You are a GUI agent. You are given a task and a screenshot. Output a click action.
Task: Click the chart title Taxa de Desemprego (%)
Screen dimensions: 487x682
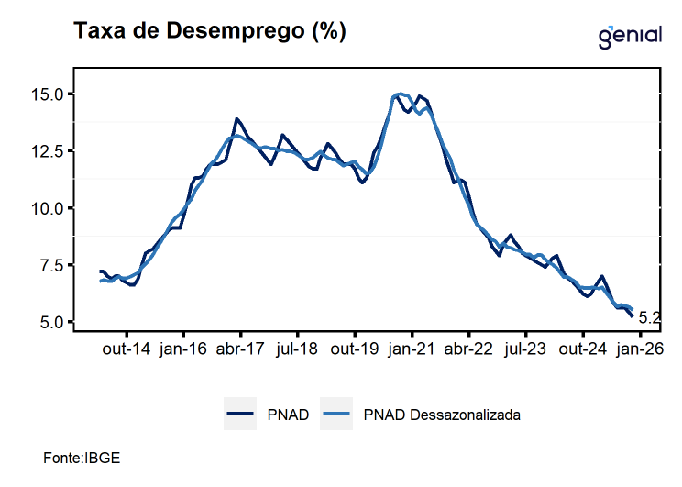point(210,31)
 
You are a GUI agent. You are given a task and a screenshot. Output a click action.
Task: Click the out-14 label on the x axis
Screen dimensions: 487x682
point(126,349)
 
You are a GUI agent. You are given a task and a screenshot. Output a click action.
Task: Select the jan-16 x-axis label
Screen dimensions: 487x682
point(183,349)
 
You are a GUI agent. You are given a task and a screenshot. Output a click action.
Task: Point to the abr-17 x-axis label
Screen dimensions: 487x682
point(240,349)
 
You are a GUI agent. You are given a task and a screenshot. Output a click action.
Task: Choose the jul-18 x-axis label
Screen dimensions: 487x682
point(297,349)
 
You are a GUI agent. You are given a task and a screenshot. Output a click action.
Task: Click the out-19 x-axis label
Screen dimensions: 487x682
point(355,349)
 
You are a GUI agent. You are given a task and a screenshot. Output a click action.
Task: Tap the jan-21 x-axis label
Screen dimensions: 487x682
point(412,349)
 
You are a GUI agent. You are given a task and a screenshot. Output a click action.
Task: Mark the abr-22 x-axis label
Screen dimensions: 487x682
point(468,349)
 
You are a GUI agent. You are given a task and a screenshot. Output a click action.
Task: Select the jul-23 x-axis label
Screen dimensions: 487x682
point(526,349)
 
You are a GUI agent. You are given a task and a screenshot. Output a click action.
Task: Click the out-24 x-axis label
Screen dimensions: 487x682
point(583,349)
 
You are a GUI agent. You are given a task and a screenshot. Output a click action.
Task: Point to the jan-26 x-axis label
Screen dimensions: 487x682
point(640,349)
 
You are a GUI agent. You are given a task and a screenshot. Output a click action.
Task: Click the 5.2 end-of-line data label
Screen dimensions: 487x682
point(649,319)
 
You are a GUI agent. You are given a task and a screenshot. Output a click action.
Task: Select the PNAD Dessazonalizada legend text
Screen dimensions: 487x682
point(442,415)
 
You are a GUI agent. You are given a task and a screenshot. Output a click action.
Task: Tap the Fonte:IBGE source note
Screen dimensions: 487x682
point(82,457)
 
